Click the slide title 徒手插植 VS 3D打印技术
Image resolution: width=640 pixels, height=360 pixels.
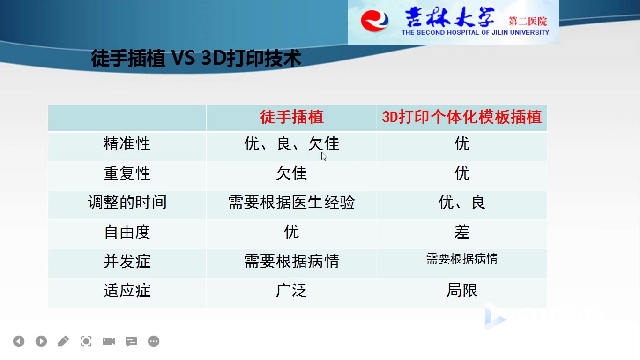(196, 58)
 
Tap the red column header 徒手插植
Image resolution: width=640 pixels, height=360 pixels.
(292, 117)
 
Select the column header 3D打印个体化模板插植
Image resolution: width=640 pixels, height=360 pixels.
(461, 117)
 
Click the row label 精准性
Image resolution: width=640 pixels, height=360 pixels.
(127, 143)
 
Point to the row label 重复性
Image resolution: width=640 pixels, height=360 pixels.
(127, 173)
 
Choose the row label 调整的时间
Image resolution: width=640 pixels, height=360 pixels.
(127, 202)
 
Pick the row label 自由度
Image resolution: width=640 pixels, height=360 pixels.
(127, 232)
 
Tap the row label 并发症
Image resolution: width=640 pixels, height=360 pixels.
(127, 261)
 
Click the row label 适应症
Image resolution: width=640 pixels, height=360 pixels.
(127, 290)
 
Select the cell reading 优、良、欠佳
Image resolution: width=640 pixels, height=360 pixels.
(292, 143)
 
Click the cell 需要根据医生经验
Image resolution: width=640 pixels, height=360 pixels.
(292, 202)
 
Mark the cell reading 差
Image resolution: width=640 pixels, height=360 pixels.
(461, 232)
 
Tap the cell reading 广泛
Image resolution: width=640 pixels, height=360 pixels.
(292, 290)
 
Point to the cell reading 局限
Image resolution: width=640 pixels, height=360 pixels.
(461, 290)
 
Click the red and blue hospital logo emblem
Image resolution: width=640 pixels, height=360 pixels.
(374, 21)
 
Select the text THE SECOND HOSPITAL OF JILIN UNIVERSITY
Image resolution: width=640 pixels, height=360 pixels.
(475, 33)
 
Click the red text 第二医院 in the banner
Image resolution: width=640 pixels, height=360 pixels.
(528, 22)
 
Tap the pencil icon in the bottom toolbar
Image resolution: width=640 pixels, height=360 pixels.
(63, 341)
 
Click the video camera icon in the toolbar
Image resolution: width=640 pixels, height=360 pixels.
(109, 341)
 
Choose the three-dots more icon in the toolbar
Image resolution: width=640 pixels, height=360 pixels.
(154, 341)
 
